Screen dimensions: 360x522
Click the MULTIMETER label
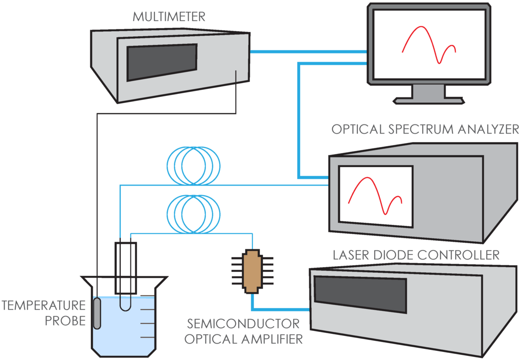tap(169, 16)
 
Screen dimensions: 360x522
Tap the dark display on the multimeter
tap(162, 62)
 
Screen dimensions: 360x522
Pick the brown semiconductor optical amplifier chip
tap(251, 271)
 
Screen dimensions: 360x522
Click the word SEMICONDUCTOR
tap(243, 324)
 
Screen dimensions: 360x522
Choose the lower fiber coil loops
tap(194, 214)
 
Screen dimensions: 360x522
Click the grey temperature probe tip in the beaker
tap(97, 313)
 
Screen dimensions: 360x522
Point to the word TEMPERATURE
tap(43, 305)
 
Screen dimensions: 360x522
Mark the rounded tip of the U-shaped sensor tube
tap(126, 305)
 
